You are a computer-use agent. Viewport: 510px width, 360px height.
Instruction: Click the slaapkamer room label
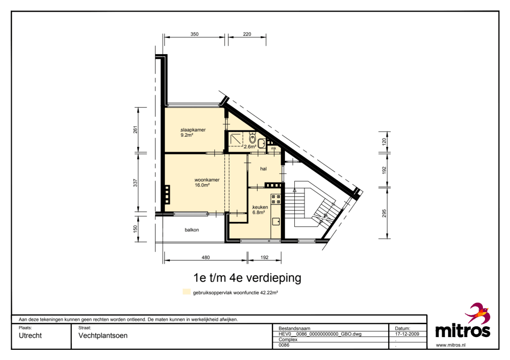[193, 130]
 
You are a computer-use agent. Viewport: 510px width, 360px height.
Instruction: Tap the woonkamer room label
[207, 179]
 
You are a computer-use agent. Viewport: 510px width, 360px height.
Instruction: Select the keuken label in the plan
[260, 207]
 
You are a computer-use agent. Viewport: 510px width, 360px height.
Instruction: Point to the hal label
[264, 168]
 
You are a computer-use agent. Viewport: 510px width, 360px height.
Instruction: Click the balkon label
[192, 230]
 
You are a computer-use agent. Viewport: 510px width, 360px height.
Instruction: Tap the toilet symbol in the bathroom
[252, 138]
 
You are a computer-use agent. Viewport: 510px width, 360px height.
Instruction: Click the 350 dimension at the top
[194, 34]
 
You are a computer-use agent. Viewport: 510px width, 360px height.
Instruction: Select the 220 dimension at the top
[247, 34]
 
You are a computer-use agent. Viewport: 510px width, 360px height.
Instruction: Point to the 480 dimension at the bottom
[205, 258]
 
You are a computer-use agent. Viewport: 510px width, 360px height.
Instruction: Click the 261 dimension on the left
[135, 130]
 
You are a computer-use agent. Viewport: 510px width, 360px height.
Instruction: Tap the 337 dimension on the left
[135, 182]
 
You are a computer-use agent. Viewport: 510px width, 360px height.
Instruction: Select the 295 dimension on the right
[384, 213]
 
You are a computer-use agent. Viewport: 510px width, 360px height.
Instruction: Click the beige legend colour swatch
[187, 293]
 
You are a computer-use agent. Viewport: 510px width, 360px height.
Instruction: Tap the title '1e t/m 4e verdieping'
[247, 278]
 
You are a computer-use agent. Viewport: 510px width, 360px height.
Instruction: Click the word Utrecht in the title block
[31, 336]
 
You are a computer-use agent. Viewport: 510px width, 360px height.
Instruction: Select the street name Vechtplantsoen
[103, 336]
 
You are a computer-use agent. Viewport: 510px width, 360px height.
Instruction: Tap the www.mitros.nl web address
[451, 345]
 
